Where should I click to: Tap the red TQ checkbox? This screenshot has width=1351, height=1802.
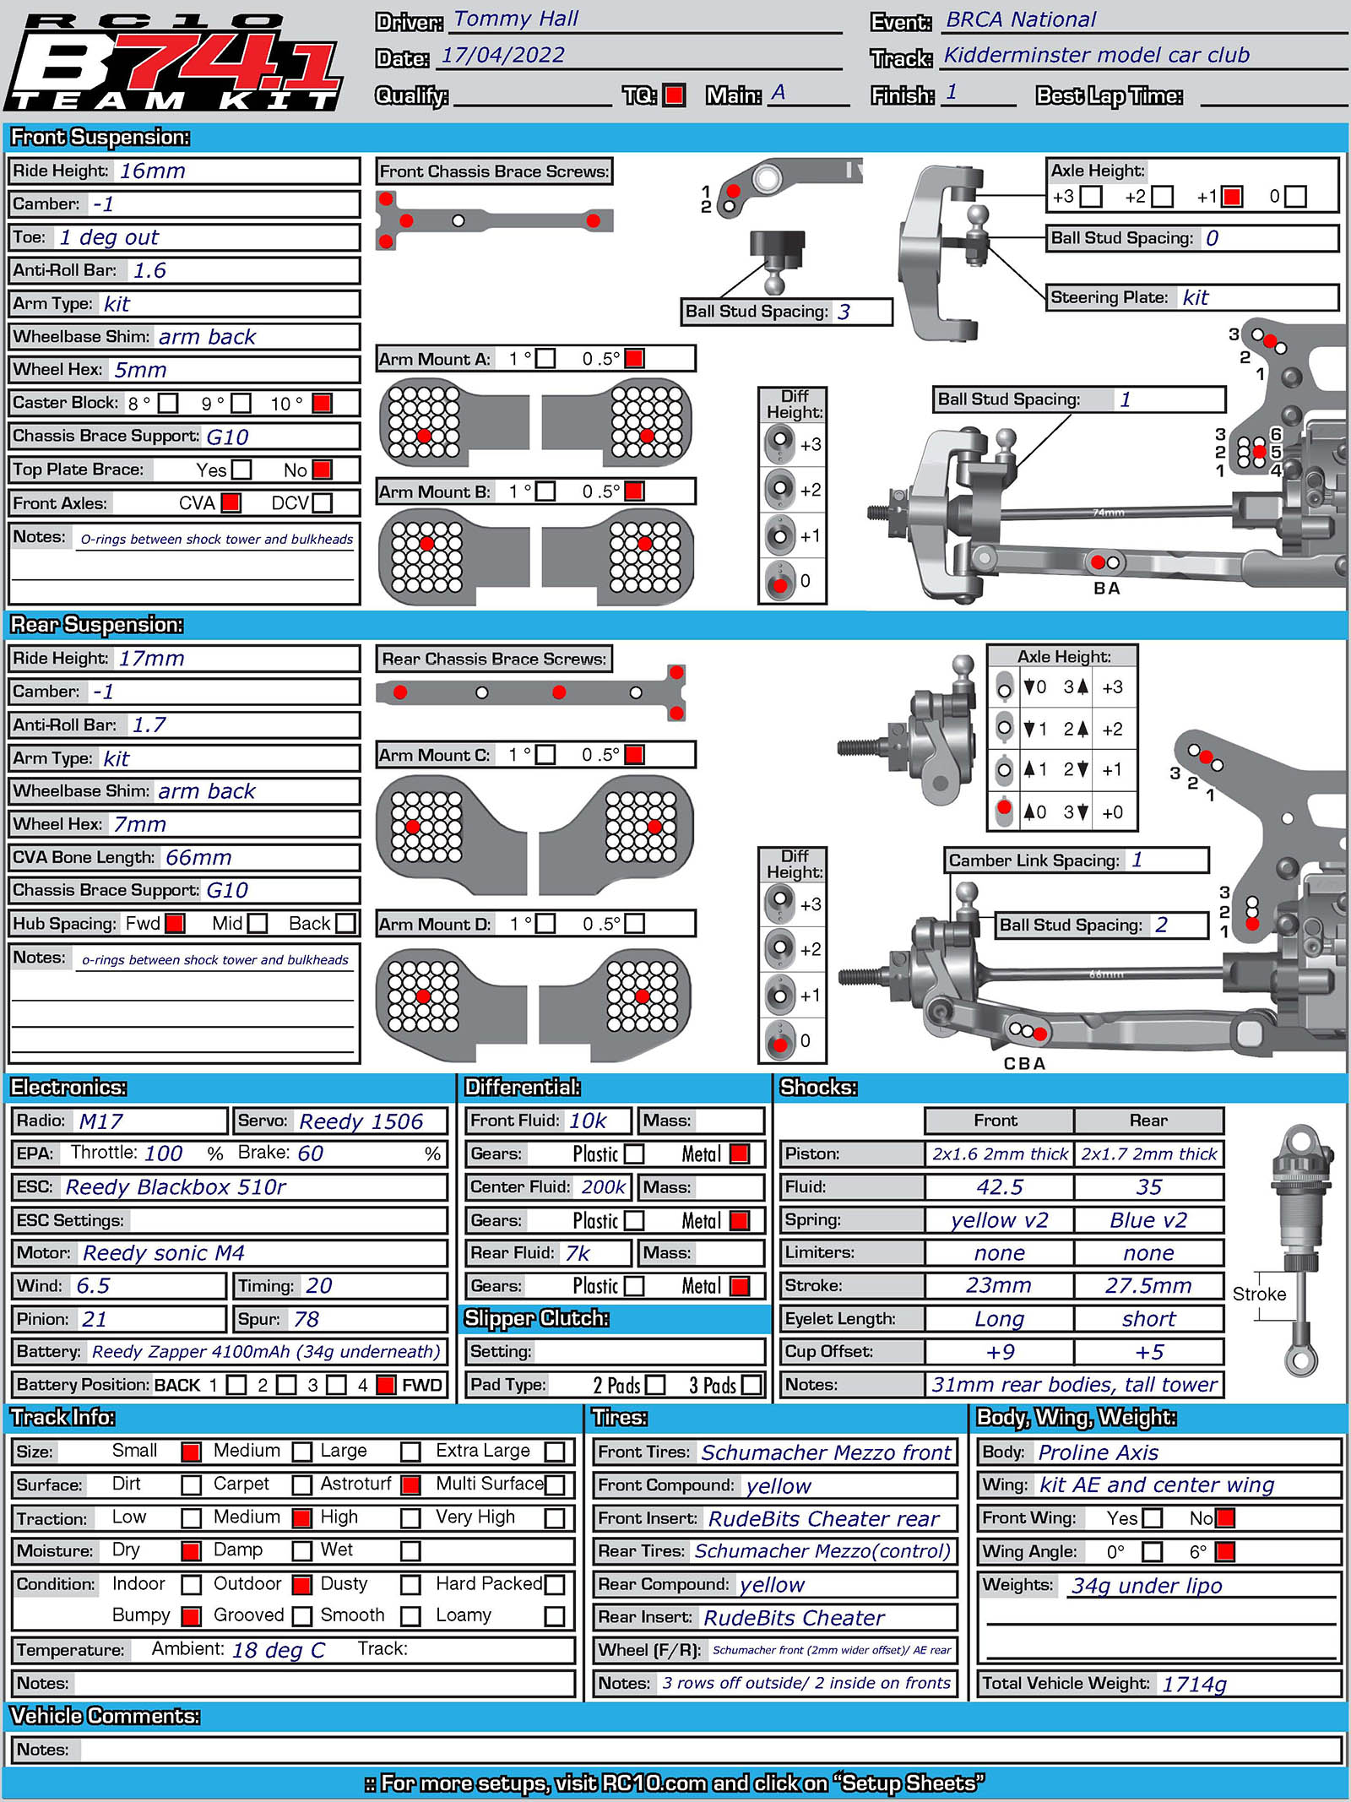tap(674, 95)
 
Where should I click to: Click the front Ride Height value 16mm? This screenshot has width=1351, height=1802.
tap(152, 171)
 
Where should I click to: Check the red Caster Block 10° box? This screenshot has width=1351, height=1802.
tap(322, 403)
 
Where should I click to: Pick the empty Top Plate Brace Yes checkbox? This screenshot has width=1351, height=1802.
tap(241, 469)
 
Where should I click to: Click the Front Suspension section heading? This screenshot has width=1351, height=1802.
tap(100, 138)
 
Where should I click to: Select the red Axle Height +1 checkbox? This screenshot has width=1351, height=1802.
tap(1232, 197)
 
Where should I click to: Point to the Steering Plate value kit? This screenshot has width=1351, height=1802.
tap(1195, 297)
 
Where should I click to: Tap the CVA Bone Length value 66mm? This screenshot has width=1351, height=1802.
tap(198, 858)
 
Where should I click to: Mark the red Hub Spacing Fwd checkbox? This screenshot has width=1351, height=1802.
tap(175, 924)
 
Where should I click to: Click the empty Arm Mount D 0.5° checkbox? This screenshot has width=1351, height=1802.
tap(634, 924)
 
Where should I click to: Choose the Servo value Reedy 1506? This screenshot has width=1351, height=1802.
tap(361, 1121)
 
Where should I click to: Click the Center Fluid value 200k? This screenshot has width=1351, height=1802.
tap(603, 1187)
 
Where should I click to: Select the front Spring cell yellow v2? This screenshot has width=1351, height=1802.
tap(999, 1220)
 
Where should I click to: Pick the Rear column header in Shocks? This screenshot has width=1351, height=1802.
tap(1148, 1121)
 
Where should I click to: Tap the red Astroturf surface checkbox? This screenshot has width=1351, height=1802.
tap(411, 1484)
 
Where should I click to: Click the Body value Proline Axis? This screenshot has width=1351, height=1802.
tap(1098, 1452)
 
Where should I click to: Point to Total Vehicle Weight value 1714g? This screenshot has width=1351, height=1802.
tap(1194, 1684)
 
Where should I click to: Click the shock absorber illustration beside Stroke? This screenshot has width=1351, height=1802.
tap(1301, 1250)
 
